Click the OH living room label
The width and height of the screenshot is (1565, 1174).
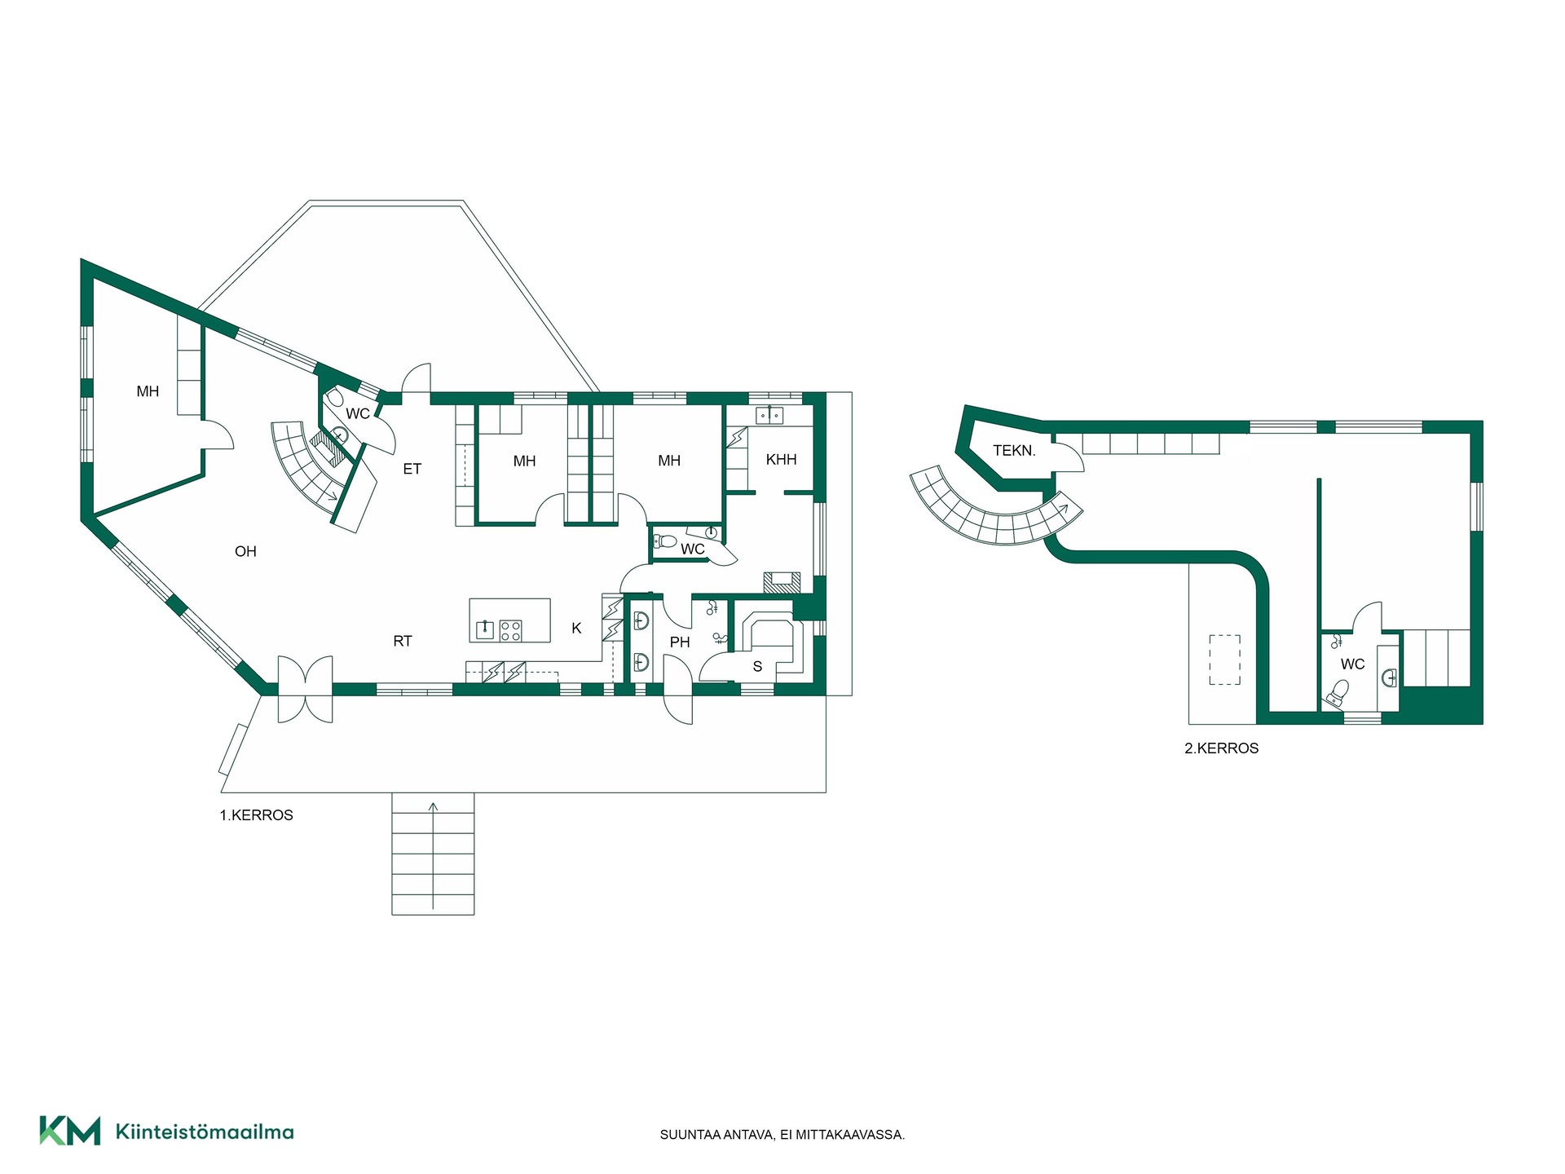(245, 552)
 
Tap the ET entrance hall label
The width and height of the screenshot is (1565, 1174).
(412, 469)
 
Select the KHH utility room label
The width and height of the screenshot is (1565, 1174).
(781, 460)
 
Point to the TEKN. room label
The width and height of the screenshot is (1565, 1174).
(1014, 451)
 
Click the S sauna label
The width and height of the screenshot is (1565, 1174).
(757, 667)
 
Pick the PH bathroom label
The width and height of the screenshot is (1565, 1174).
(680, 642)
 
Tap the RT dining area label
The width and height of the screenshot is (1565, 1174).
(403, 642)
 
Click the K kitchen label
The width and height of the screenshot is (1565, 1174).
(576, 629)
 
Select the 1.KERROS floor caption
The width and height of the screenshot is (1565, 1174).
(256, 815)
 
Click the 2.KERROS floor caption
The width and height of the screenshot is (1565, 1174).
(1221, 748)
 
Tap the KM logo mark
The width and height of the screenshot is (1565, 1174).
(70, 1131)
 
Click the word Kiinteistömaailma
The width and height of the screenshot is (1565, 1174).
(205, 1132)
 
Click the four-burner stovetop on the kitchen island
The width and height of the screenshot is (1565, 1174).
(511, 630)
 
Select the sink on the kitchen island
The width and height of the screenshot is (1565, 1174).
(485, 629)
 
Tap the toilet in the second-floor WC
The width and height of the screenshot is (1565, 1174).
(1337, 692)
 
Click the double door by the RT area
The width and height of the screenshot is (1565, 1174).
(306, 689)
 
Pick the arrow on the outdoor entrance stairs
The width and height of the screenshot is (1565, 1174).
(433, 856)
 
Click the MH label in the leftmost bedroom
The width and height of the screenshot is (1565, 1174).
(148, 392)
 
